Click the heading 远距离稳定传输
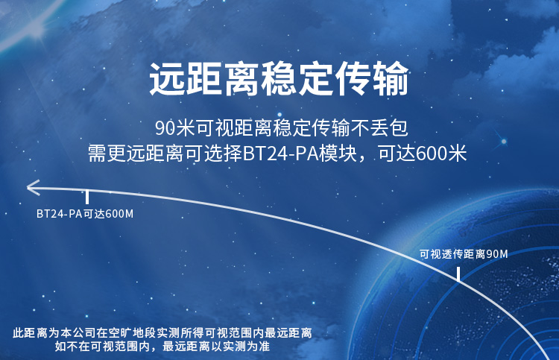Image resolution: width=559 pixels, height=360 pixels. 279,79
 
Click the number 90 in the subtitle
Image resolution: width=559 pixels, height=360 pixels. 165,128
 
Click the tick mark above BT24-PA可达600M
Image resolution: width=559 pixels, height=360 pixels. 87,197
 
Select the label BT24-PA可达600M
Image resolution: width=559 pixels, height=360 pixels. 85,213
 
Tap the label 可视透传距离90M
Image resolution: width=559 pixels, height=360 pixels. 464,254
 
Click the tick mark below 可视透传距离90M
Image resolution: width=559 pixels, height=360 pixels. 458,274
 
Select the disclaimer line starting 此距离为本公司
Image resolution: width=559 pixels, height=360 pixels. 162,333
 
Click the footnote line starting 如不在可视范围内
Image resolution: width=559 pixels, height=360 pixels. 162,346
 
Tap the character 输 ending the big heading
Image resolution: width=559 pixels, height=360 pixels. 391,79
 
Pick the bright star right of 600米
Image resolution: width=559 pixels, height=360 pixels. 504,142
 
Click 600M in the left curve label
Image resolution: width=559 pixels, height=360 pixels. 120,213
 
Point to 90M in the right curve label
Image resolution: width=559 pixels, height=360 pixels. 497,254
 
